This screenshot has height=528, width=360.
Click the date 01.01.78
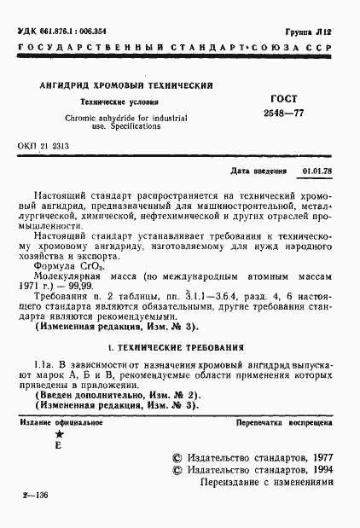pos(316,171)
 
